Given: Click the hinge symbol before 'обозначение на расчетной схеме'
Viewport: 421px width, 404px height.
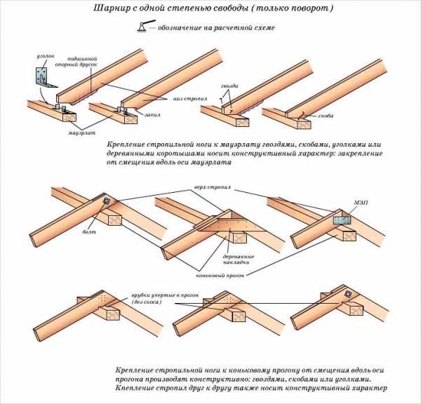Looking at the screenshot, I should coord(142,27).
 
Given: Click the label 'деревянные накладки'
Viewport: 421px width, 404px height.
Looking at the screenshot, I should coord(239,260).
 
